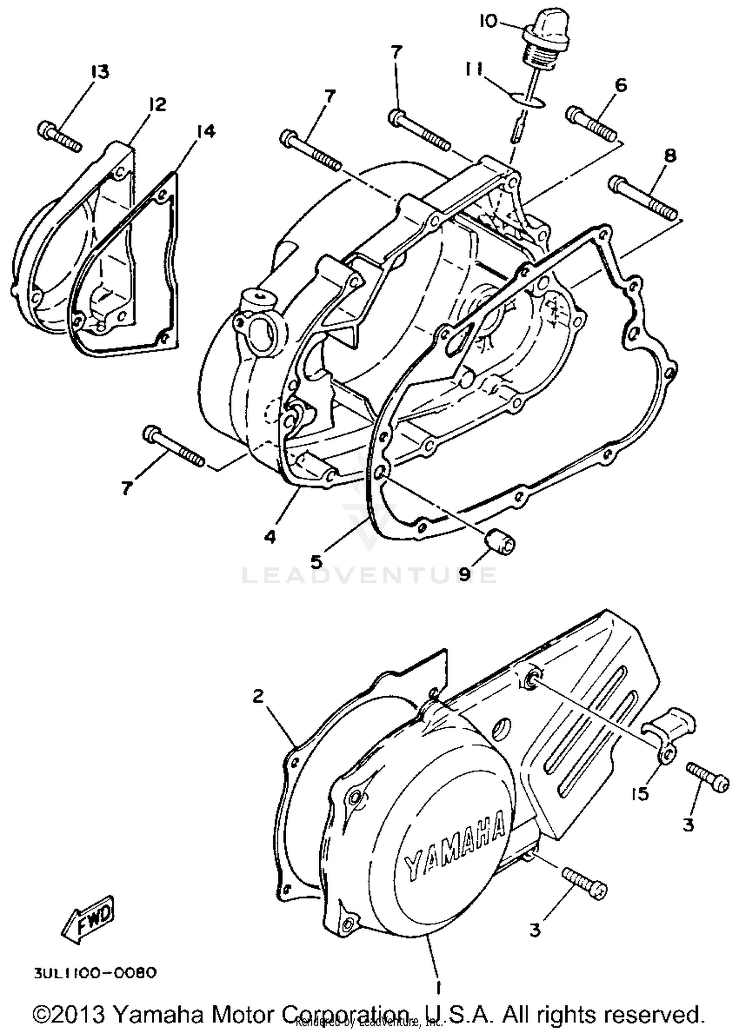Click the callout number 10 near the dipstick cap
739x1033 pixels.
click(x=488, y=22)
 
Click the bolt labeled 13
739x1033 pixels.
click(x=59, y=135)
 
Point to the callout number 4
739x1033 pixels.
click(x=269, y=537)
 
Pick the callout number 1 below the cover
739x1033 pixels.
click(x=438, y=985)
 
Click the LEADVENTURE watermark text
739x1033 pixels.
click(x=369, y=575)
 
